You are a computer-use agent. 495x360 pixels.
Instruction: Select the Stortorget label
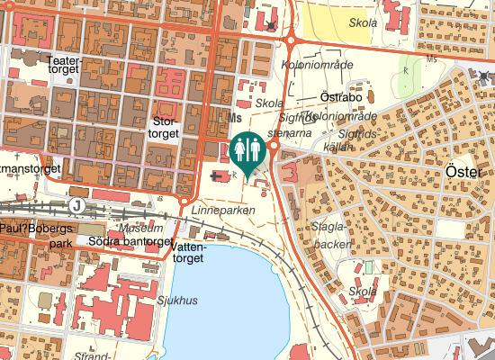point(166,127)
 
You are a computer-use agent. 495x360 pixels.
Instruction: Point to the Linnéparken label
point(223,210)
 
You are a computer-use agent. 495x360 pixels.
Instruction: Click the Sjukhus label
point(176,301)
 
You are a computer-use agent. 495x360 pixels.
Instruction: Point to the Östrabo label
point(341,97)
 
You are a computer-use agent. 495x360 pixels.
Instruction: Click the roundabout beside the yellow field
point(291,39)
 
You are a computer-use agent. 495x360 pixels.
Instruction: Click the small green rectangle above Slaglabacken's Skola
point(367,267)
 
